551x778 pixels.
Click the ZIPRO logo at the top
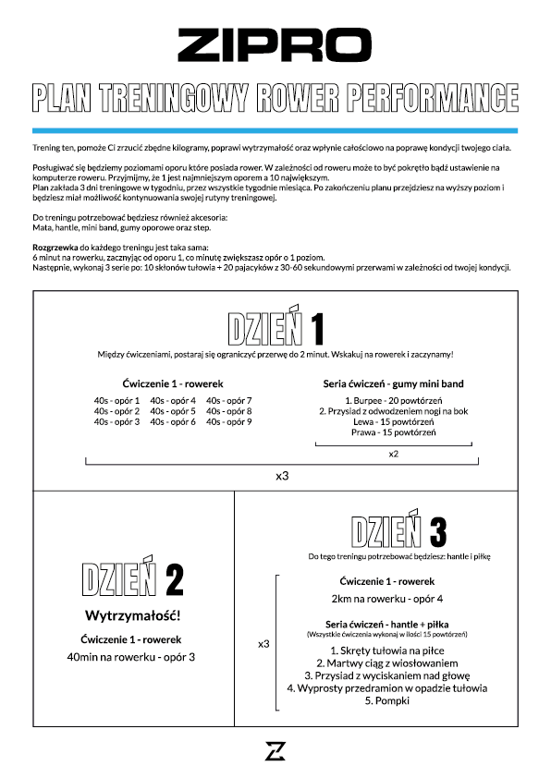275,44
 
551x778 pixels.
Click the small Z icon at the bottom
275,750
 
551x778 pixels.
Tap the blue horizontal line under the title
275,130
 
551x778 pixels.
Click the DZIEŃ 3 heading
398,528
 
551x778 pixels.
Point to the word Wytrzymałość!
132,615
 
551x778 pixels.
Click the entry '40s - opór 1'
116,400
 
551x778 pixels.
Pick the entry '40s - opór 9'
229,421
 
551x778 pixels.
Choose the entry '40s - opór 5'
173,411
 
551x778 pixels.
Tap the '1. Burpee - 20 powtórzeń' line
394,400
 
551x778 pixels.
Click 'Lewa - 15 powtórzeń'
394,421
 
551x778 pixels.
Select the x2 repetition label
394,454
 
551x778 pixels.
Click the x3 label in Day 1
282,476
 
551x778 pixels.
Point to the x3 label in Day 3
263,644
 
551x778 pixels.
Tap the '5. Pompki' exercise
387,700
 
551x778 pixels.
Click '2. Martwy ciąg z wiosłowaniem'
387,663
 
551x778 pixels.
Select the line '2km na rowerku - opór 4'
387,599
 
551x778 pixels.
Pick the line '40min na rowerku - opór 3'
131,657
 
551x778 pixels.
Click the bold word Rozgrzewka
55,248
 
